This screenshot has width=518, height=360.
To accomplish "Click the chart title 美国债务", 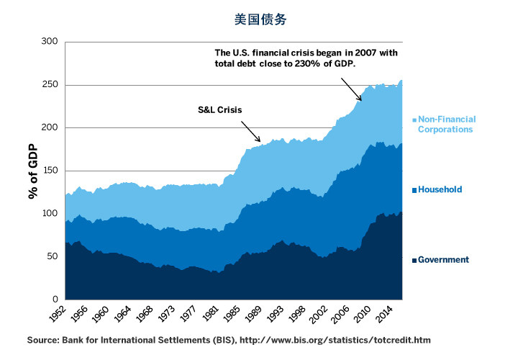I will click(260, 19).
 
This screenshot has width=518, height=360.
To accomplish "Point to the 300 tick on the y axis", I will click(49, 42).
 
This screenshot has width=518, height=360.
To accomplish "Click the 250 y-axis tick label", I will click(49, 85).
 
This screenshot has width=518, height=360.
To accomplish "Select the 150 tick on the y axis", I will click(49, 171).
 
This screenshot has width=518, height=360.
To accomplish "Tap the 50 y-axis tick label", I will click(52, 256).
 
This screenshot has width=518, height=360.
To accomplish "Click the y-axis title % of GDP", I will click(33, 171).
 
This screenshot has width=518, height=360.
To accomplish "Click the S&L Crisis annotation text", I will click(219, 110).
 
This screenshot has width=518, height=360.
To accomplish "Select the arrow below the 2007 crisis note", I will click(350, 89).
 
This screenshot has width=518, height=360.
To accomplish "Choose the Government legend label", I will click(443, 260).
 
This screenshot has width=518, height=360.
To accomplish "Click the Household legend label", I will click(440, 190).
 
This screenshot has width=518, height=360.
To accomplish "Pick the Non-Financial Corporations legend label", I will click(446, 125).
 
